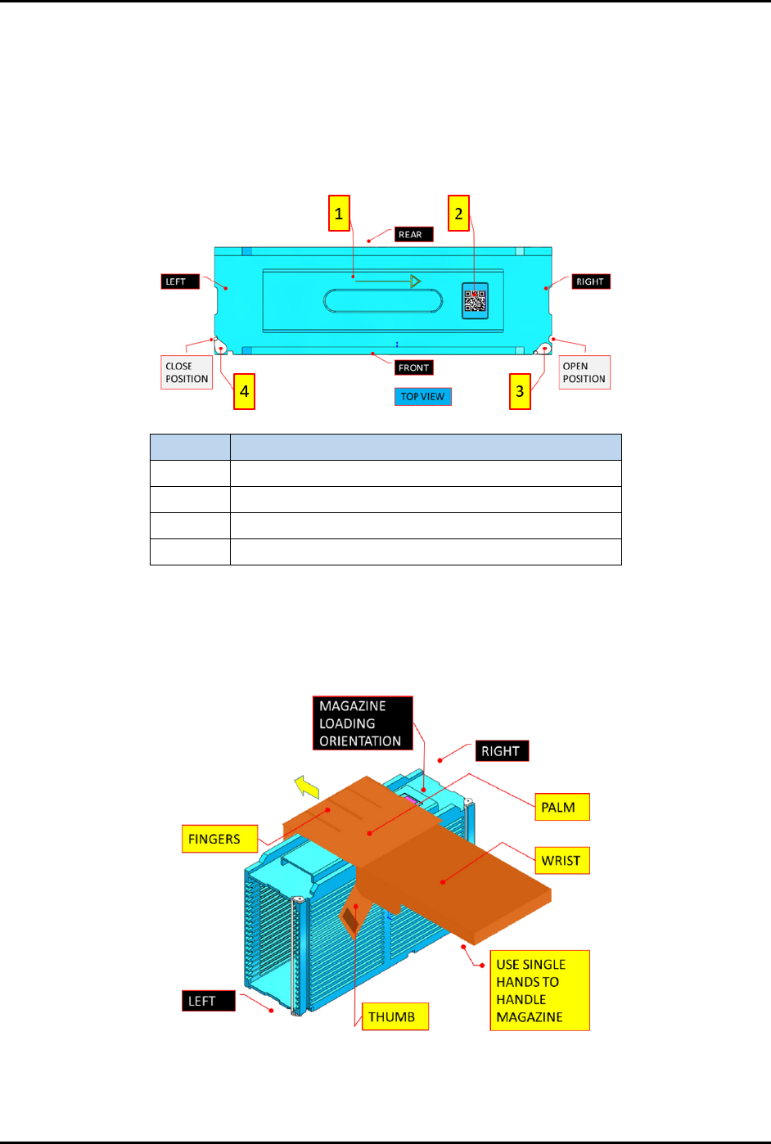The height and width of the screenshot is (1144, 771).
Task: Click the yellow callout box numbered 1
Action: pyautogui.click(x=339, y=214)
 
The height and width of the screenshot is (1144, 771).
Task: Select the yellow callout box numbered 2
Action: pyautogui.click(x=458, y=214)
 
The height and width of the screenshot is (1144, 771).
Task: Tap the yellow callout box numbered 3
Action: pyautogui.click(x=520, y=391)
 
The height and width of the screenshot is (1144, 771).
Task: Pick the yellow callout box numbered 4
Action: pyautogui.click(x=244, y=391)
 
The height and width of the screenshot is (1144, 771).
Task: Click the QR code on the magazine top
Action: pyautogui.click(x=475, y=300)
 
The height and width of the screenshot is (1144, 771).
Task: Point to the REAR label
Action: pyautogui.click(x=413, y=235)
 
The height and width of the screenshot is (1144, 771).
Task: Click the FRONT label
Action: pyautogui.click(x=413, y=368)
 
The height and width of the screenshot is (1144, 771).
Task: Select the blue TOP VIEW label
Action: pyautogui.click(x=422, y=397)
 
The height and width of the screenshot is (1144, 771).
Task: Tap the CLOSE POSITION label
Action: pyautogui.click(x=187, y=372)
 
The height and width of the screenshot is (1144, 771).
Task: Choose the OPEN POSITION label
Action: pyautogui.click(x=584, y=372)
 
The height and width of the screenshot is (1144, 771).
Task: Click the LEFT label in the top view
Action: pyautogui.click(x=180, y=281)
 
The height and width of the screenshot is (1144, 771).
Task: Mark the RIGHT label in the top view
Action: pyautogui.click(x=591, y=281)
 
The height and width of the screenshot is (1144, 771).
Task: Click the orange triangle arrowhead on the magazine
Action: pyautogui.click(x=415, y=281)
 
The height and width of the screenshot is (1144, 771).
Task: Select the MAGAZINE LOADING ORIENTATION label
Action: pyautogui.click(x=363, y=723)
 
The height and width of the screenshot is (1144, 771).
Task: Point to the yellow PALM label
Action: pyautogui.click(x=562, y=807)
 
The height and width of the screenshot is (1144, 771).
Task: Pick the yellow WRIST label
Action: pyautogui.click(x=562, y=861)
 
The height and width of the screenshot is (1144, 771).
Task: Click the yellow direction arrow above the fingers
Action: pyautogui.click(x=307, y=787)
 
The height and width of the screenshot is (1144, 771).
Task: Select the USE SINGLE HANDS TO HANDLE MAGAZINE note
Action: pyautogui.click(x=539, y=990)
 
